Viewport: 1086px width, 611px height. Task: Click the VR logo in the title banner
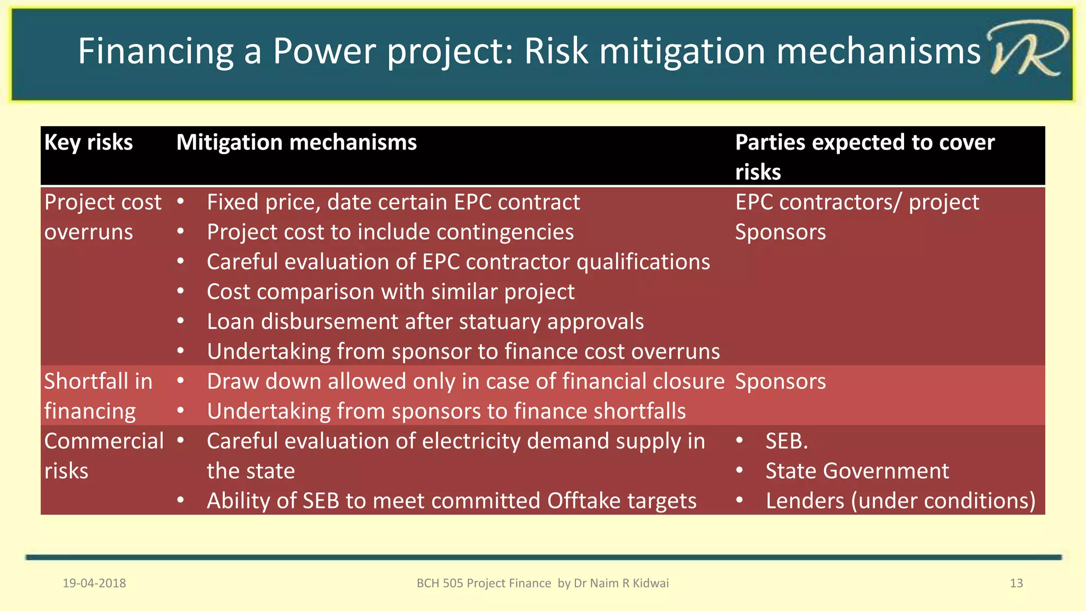coord(1026,51)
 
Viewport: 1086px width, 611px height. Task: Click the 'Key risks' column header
coord(89,143)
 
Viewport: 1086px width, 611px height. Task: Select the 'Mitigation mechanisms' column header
coord(296,143)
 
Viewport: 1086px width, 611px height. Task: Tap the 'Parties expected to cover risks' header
coord(864,156)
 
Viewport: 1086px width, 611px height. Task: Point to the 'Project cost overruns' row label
coord(103,217)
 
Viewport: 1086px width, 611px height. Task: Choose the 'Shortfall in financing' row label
coord(98,396)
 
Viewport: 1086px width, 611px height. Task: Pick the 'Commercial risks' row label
coord(104,456)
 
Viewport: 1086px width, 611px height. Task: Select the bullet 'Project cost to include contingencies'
coord(390,232)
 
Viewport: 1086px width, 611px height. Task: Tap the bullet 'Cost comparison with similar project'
coord(390,292)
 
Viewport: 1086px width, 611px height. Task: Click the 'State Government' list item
coord(857,471)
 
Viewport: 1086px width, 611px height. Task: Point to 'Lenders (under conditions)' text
coord(900,501)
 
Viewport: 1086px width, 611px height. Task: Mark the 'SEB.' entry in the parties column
coord(786,441)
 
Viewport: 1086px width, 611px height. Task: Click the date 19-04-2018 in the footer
coord(94,583)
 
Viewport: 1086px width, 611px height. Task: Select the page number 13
coord(1016,583)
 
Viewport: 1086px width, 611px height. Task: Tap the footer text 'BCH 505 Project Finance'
coord(484,583)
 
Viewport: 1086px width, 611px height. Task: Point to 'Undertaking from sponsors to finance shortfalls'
coord(446,412)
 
